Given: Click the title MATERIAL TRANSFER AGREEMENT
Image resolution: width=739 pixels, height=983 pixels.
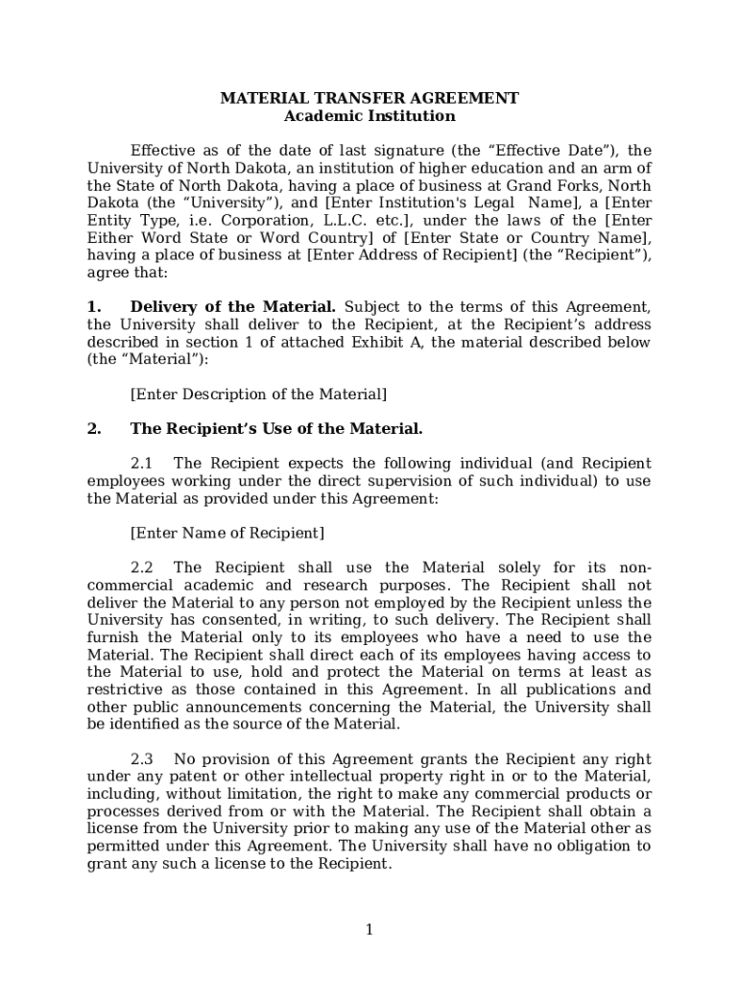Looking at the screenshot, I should point(369,98).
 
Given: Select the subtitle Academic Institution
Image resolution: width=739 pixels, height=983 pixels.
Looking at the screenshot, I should point(369,116).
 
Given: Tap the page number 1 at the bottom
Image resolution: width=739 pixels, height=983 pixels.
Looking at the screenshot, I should point(369,929).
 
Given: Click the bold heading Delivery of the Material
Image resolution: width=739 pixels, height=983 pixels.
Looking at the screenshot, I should point(232,307).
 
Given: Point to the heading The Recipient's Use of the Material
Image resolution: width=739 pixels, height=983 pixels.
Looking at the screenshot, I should point(276,429).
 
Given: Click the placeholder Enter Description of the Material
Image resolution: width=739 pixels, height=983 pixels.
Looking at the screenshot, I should point(258,395).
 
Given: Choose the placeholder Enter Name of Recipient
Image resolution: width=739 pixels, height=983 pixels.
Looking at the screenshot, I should point(226,533).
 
